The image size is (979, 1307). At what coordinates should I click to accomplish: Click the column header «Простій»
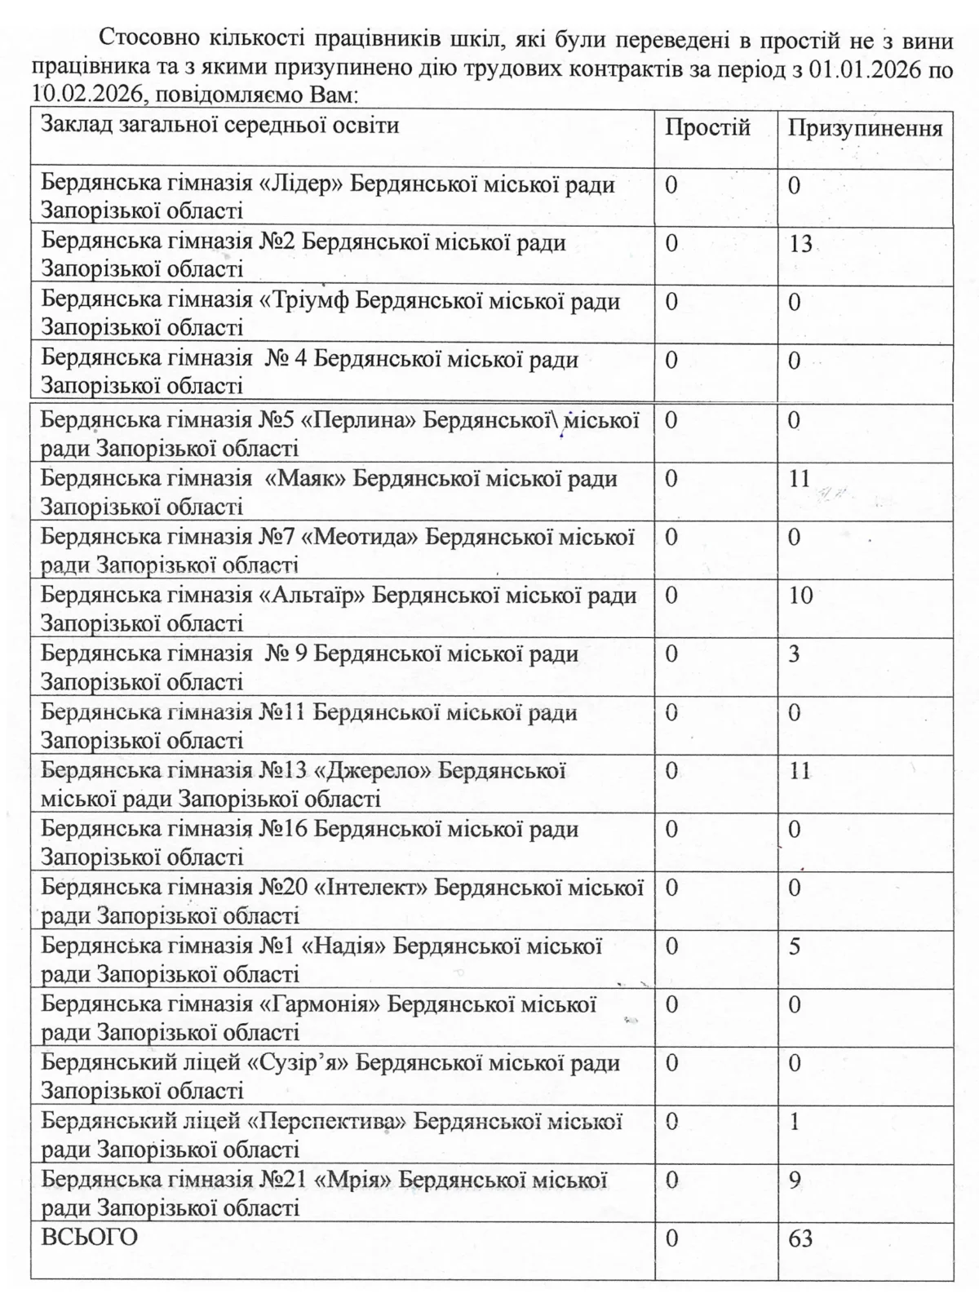(707, 128)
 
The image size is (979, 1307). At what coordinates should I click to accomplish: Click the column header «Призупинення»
(865, 128)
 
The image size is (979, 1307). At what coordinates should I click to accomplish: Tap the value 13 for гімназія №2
(800, 243)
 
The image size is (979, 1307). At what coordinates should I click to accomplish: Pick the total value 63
(800, 1238)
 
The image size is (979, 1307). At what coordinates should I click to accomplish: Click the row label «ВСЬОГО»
(90, 1237)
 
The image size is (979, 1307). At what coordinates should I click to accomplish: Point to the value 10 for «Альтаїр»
(800, 595)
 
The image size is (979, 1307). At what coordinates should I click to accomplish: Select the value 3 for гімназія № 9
(795, 653)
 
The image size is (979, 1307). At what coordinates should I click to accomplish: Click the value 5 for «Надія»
(795, 946)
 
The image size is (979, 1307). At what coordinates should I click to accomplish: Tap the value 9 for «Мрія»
(795, 1180)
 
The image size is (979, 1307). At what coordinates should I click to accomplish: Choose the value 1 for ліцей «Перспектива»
(795, 1122)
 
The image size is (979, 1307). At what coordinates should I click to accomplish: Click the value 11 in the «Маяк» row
(800, 478)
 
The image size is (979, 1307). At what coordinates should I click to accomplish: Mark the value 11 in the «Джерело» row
(800, 770)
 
